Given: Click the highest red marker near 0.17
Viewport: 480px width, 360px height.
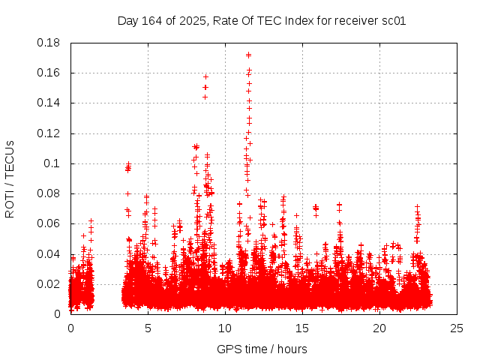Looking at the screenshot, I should [x=248, y=55].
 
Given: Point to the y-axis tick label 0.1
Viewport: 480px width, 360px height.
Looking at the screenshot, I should [x=55, y=163].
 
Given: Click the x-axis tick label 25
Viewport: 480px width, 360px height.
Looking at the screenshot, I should [x=456, y=328].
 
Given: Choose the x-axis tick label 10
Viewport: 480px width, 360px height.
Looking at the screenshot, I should [x=225, y=328].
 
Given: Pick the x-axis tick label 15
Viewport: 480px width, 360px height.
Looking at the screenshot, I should [x=302, y=328].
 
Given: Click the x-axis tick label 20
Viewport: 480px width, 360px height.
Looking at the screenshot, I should [x=379, y=328].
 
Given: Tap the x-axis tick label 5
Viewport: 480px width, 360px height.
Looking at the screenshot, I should [x=148, y=328].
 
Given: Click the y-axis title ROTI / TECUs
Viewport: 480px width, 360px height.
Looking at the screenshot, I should [x=10, y=178].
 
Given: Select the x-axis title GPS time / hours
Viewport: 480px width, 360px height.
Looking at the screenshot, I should [x=262, y=349].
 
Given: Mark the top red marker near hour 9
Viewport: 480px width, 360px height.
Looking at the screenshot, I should [x=205, y=76].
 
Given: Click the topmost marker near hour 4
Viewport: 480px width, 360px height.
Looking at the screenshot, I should [x=128, y=164].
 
